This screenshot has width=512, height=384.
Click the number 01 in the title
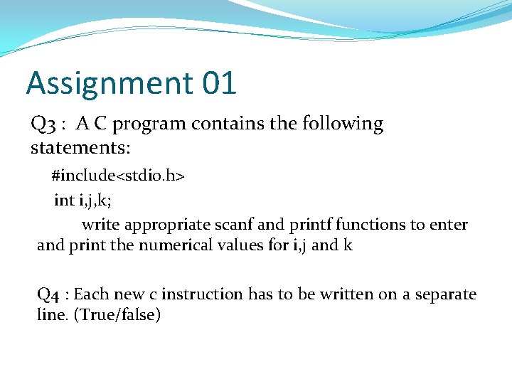(219, 83)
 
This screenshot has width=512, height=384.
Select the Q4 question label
(48, 294)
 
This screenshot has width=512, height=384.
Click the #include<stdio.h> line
(118, 175)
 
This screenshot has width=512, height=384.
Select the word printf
(310, 225)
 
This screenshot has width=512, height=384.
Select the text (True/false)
(117, 315)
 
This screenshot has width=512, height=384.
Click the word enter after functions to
(449, 225)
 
